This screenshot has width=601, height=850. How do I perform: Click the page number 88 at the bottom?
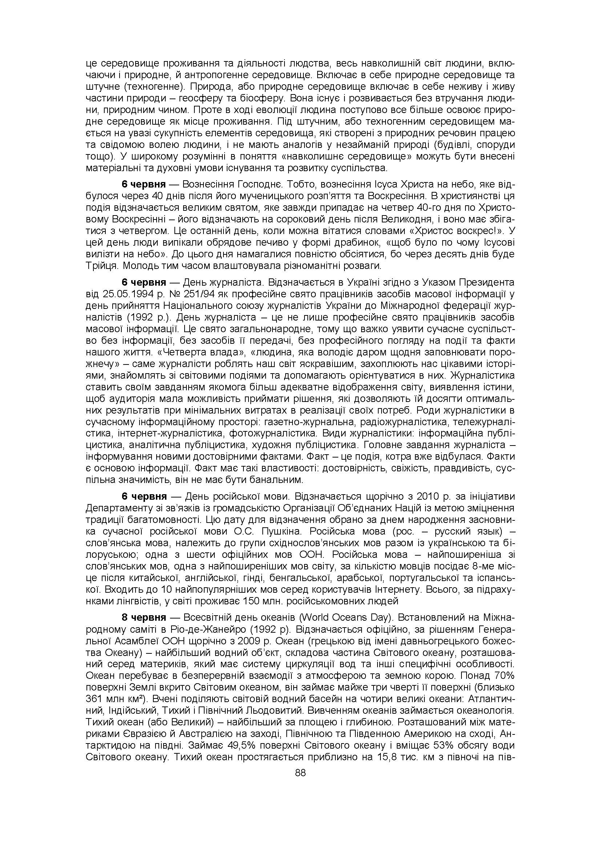tap(300, 773)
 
